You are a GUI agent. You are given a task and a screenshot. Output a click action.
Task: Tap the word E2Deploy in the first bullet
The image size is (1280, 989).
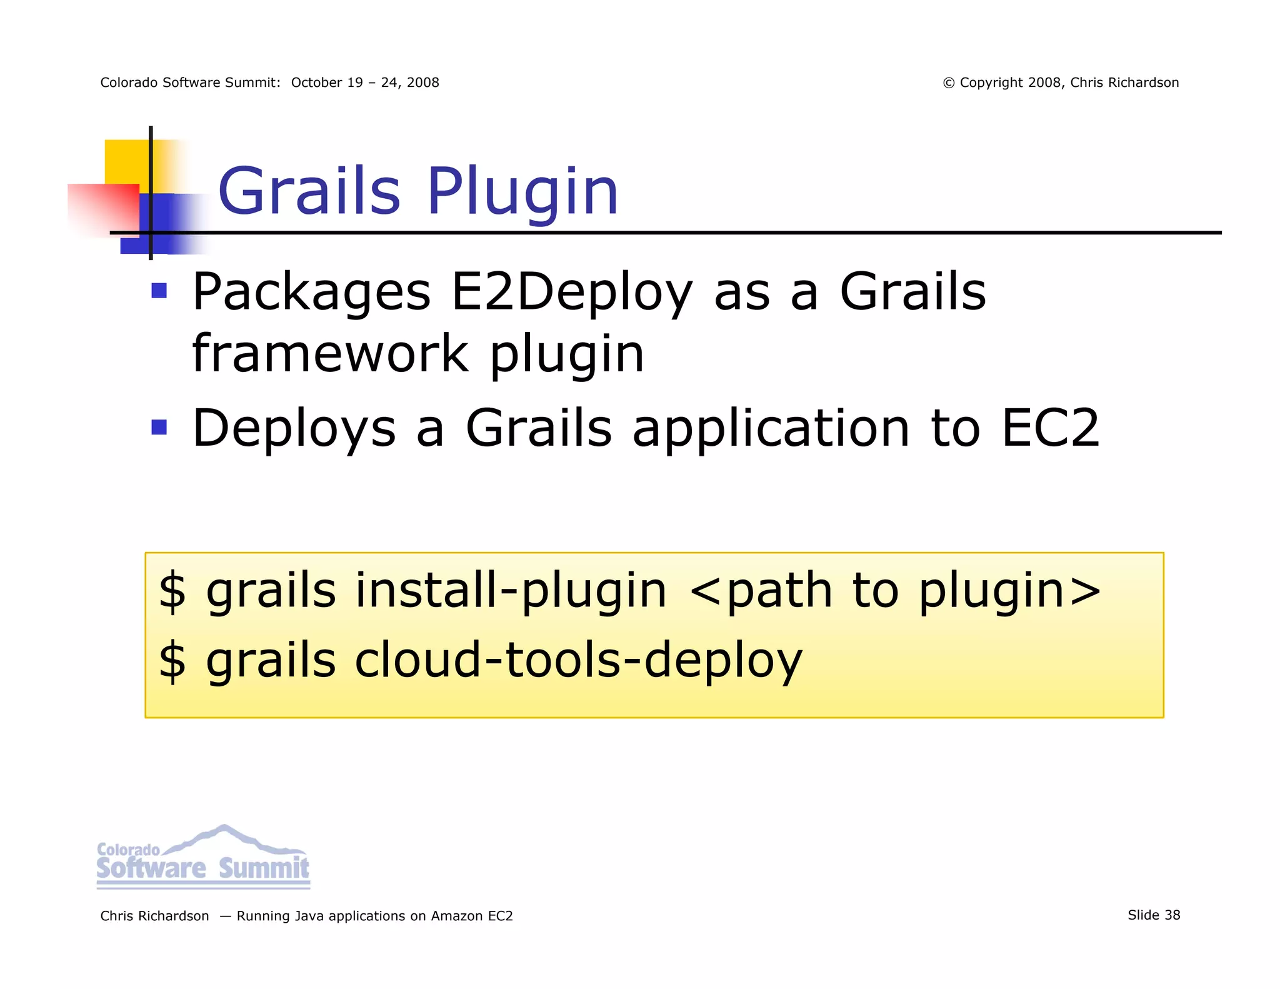571,292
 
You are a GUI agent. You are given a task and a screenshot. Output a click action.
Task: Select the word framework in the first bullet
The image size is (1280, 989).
330,354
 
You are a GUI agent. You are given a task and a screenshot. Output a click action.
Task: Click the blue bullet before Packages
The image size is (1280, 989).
159,291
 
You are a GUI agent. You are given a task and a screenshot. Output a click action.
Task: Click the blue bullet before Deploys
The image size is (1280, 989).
159,427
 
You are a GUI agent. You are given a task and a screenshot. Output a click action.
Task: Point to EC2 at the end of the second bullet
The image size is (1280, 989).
1049,428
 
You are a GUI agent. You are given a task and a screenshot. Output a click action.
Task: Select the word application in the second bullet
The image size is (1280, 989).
771,429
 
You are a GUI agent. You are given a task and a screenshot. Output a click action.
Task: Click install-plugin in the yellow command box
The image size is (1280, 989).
511,591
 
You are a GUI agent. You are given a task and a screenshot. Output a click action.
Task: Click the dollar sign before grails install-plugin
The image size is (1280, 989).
172,591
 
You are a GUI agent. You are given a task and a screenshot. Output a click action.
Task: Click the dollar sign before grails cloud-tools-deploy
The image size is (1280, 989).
172,660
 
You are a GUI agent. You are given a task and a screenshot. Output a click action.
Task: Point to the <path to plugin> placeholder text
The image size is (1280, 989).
895,591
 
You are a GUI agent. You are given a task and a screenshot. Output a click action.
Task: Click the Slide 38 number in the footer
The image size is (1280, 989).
1153,915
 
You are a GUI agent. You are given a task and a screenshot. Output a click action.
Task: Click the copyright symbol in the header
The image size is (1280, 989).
948,83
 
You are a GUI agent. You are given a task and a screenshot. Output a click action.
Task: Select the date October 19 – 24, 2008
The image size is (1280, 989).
365,83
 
